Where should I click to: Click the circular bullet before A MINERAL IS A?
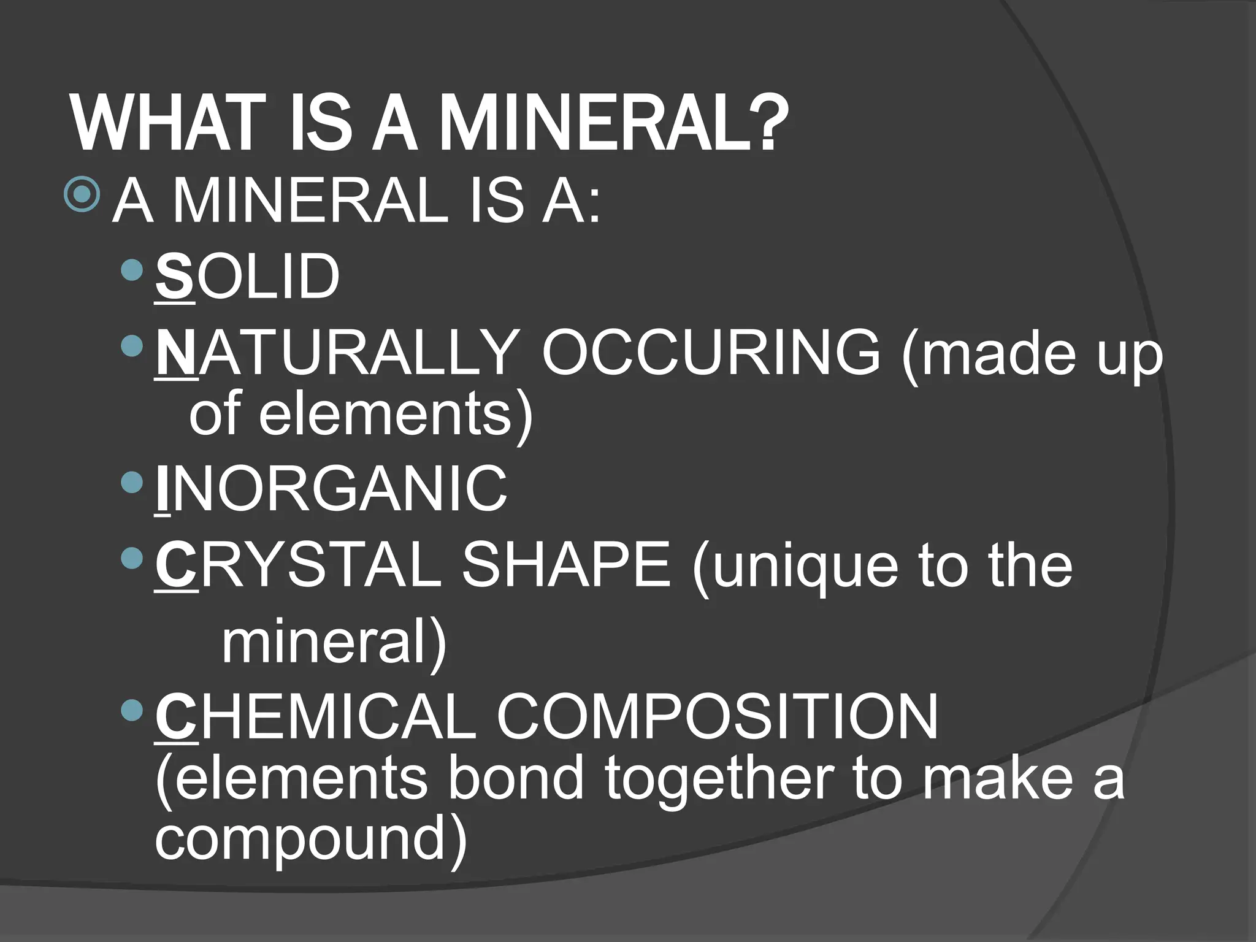tap(82, 194)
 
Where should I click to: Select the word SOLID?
tap(248, 277)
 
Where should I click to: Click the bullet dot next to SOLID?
tap(132, 270)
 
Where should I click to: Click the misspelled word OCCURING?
tap(711, 353)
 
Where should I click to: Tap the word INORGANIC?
tap(331, 489)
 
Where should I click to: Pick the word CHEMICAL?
tap(316, 716)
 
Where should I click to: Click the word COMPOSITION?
tap(718, 716)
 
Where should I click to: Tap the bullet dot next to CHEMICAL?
tap(132, 711)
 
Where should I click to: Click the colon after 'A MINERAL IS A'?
tap(592, 202)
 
